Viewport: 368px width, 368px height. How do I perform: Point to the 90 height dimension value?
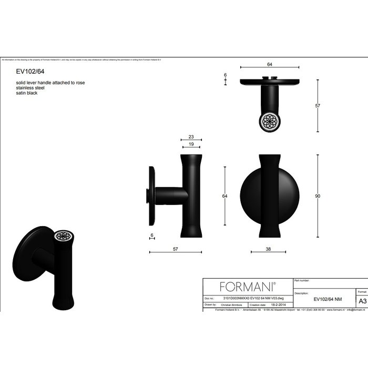318,196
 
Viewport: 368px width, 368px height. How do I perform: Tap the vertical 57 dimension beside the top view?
318,106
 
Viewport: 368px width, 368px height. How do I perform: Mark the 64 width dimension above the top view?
269,64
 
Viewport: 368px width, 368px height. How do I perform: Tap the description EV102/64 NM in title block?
328,299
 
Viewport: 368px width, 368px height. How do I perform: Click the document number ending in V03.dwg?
247,298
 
